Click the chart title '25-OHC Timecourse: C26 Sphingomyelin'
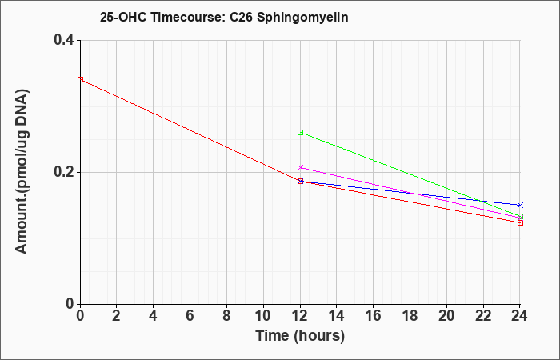(x=224, y=17)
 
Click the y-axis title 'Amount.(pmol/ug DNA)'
(x=22, y=172)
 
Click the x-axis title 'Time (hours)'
(x=300, y=336)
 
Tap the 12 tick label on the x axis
(x=300, y=316)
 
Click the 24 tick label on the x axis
(x=520, y=316)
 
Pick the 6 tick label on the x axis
(x=190, y=316)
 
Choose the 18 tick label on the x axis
(x=410, y=316)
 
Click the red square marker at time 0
(x=81, y=80)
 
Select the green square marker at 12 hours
(x=300, y=133)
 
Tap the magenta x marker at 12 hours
(x=300, y=167)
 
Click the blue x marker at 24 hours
(x=520, y=205)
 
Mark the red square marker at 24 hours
(x=520, y=223)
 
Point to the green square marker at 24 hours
(x=520, y=217)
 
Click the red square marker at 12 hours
(x=300, y=181)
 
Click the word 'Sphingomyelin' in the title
(x=302, y=18)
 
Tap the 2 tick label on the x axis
(x=117, y=316)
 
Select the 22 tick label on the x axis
(x=483, y=316)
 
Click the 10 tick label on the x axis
(x=263, y=316)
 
